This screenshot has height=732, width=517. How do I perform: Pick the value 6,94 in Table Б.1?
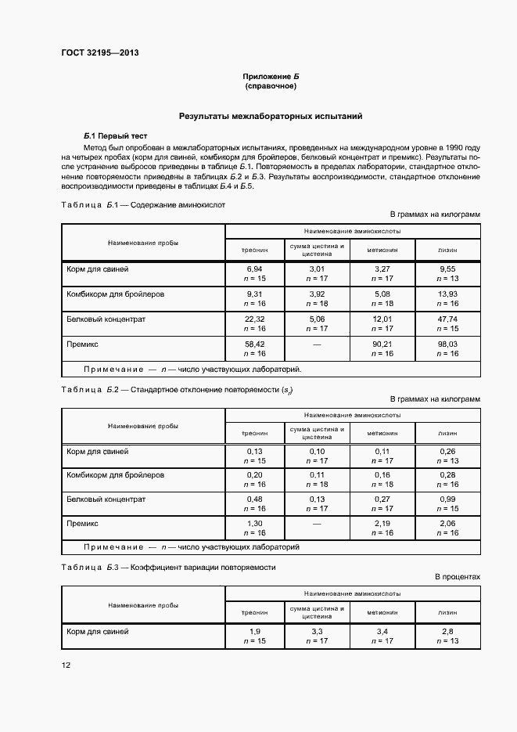[x=254, y=269]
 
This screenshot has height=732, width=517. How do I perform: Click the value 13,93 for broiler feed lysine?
[x=447, y=294]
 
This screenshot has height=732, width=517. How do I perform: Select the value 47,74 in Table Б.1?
[x=447, y=319]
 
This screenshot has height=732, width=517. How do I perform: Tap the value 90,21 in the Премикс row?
[x=383, y=344]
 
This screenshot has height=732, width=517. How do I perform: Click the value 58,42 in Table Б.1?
[x=254, y=344]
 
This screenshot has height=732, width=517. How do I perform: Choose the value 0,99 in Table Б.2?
[x=447, y=499]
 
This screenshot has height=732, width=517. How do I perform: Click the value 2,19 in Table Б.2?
[x=383, y=524]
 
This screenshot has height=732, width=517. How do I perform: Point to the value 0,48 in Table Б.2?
[x=254, y=499]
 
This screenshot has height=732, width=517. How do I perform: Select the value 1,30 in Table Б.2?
[x=254, y=524]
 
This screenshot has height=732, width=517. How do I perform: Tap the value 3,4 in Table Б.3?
[x=383, y=631]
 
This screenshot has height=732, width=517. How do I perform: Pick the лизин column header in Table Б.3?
[x=447, y=611]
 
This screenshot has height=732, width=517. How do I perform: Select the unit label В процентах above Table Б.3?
[x=458, y=577]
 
